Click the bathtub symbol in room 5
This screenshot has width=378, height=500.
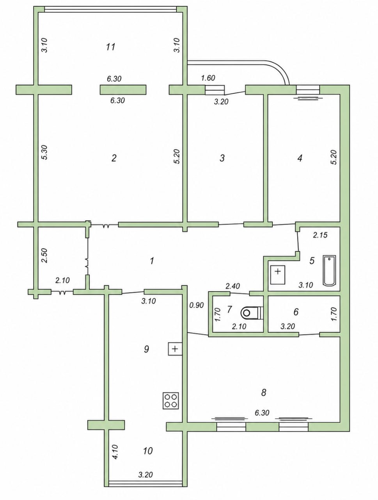tap(329, 270)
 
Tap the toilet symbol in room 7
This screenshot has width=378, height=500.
tap(251, 312)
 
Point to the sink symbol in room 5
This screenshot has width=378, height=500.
tap(277, 274)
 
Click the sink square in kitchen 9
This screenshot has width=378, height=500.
tap(175, 349)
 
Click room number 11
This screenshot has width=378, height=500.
tap(111, 47)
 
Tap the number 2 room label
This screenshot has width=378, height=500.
tap(114, 158)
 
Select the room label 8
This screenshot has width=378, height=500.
tap(263, 392)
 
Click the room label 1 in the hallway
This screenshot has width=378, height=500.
tap(152, 261)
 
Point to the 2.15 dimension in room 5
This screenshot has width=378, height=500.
tap(320, 235)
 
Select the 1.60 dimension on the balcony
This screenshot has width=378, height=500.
tap(208, 78)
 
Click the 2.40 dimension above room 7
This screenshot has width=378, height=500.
tap(232, 286)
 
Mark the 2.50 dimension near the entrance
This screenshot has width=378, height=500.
tap(45, 255)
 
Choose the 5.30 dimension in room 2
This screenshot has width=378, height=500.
tap(45, 152)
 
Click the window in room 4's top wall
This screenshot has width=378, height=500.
tap(308, 89)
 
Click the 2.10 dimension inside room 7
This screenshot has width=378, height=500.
tap(239, 327)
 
